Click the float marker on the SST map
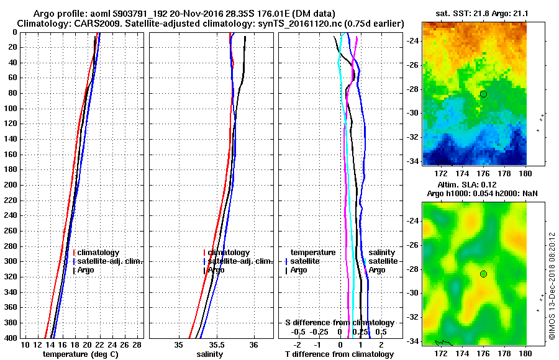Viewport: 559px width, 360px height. click(483, 94)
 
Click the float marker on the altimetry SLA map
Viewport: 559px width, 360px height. click(483, 274)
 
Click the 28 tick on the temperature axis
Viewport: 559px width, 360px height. click(138, 344)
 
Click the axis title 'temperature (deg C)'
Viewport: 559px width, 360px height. click(80, 354)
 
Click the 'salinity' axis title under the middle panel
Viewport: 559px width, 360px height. click(209, 354)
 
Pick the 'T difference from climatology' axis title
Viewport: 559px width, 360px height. click(339, 354)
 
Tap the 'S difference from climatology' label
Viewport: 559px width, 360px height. click(339, 323)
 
